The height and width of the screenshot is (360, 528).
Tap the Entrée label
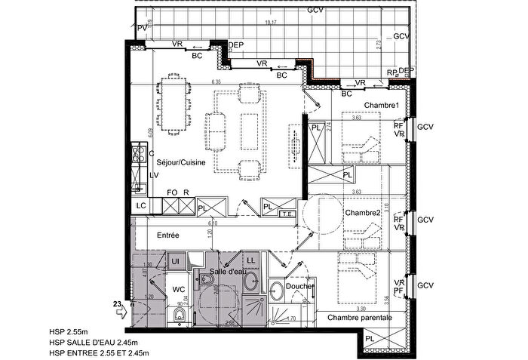pos(167,235)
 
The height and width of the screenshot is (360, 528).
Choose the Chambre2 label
pos(363,214)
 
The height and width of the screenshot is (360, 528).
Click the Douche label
pos(299,286)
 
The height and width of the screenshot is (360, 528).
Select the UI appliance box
pos(174,260)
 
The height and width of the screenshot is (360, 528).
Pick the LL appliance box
pos(251,260)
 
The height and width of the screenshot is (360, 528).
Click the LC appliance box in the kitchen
pos(140,205)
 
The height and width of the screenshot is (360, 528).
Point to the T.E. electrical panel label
pos(286,214)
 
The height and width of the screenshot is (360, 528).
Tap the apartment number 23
pos(117,304)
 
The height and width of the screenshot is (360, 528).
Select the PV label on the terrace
pos(143,28)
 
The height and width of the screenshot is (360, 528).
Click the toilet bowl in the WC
pos(180,312)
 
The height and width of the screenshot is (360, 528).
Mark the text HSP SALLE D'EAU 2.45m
pos(93,341)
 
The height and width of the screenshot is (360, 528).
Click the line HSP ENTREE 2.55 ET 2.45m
pos(99,352)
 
